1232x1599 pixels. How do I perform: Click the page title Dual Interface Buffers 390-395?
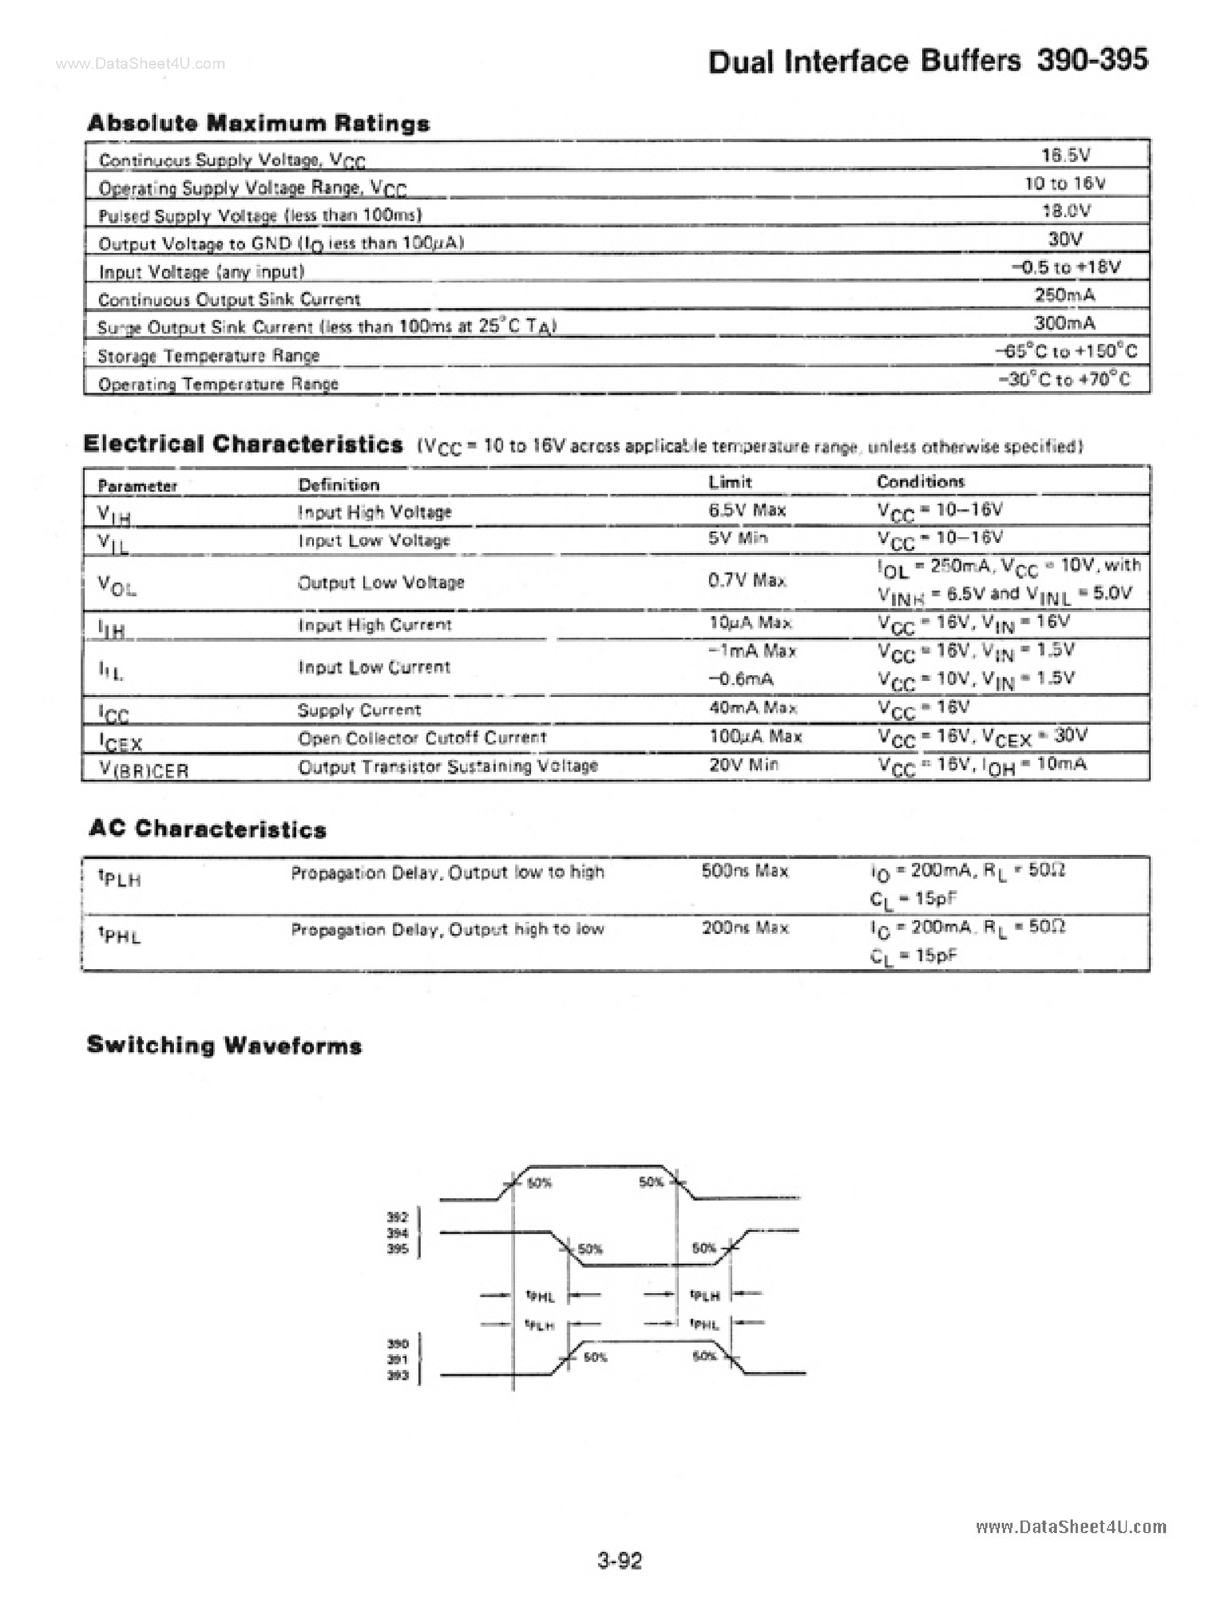927,61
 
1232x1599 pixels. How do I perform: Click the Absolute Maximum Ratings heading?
258,123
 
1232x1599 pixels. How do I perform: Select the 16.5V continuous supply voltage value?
1066,155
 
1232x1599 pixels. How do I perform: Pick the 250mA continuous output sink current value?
1064,295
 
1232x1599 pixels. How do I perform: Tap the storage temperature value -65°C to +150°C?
1066,351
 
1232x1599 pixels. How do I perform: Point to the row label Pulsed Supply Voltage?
260,215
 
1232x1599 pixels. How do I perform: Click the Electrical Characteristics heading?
243,444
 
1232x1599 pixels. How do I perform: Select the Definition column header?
338,485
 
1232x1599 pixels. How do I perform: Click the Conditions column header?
920,482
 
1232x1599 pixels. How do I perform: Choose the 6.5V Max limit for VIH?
746,510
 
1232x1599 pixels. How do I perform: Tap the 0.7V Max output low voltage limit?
746,580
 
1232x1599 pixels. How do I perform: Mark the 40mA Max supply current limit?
752,708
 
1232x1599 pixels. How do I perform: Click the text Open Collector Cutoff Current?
422,738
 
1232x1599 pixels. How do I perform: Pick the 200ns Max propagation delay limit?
745,928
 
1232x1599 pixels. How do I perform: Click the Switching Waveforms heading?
224,1045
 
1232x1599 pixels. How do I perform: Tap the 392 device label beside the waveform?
397,1217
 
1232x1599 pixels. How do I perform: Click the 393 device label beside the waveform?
397,1376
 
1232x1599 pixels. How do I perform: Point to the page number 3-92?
620,1560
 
